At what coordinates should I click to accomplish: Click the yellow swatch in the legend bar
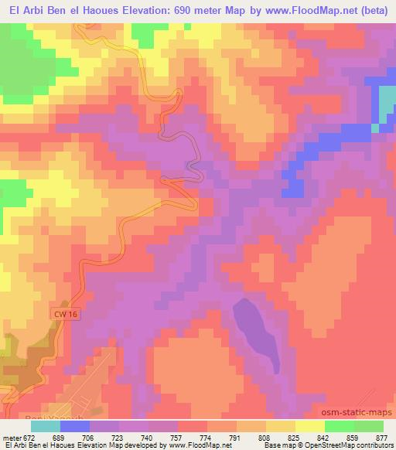coord(309,425)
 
